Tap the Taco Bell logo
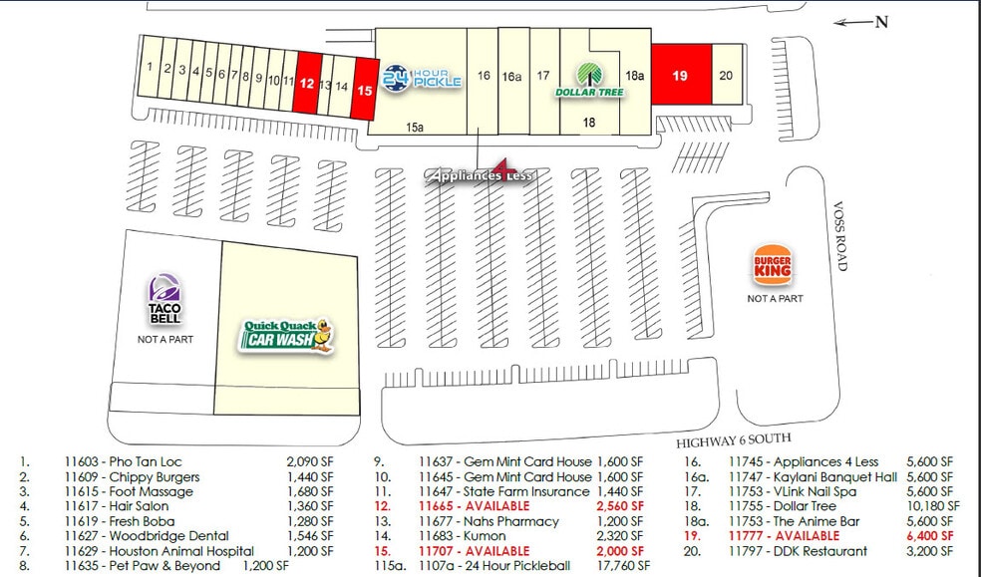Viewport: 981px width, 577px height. tap(164, 300)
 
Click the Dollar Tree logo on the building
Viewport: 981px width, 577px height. tap(589, 80)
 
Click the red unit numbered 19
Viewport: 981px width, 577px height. tap(681, 75)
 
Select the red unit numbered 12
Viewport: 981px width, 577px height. tap(306, 84)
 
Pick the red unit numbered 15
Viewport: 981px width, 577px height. tap(366, 90)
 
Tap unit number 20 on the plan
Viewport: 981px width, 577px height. tap(726, 75)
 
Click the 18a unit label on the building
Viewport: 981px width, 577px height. tap(635, 75)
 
